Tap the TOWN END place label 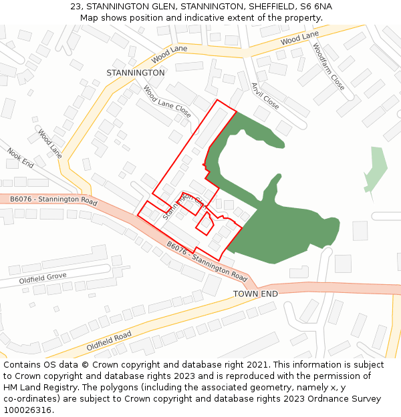(255, 294)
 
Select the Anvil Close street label (265, 96)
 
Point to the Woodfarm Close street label (329, 67)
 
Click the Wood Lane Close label (167, 102)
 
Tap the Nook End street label (20, 158)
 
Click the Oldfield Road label (109, 342)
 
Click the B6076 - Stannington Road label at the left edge (49, 199)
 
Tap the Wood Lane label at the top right (299, 39)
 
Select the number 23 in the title (75, 7)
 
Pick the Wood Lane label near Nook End (50, 143)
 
